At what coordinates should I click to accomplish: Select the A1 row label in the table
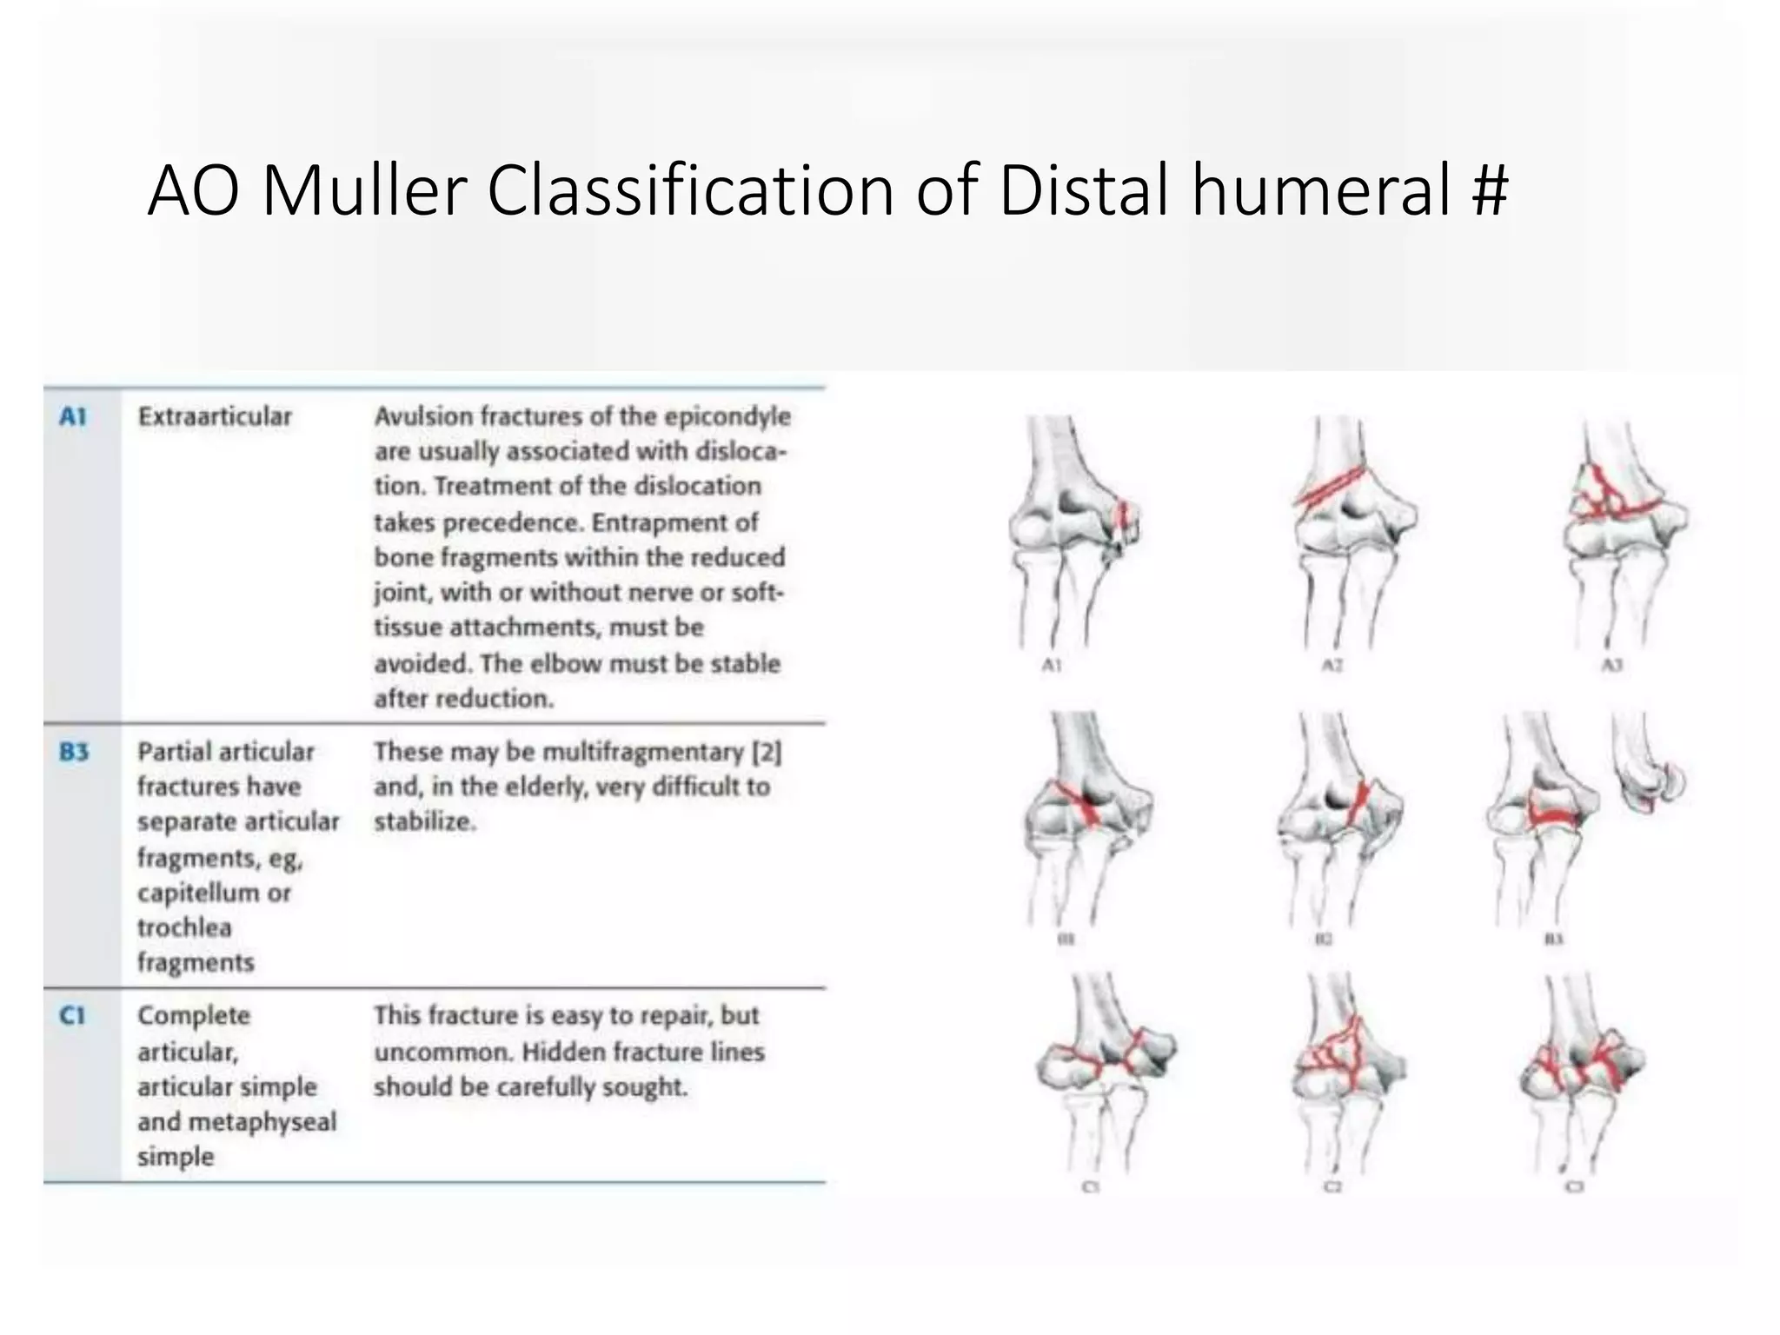point(73,417)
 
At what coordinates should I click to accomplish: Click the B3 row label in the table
point(74,752)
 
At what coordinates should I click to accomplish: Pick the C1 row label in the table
point(73,1015)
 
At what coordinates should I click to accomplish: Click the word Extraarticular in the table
point(215,416)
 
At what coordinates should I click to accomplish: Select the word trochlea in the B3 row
point(184,927)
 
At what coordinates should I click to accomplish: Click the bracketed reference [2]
point(767,752)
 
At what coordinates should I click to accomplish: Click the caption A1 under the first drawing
point(1052,666)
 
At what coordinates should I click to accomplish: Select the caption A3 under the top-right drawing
point(1611,666)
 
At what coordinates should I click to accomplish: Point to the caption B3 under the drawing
point(1554,940)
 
